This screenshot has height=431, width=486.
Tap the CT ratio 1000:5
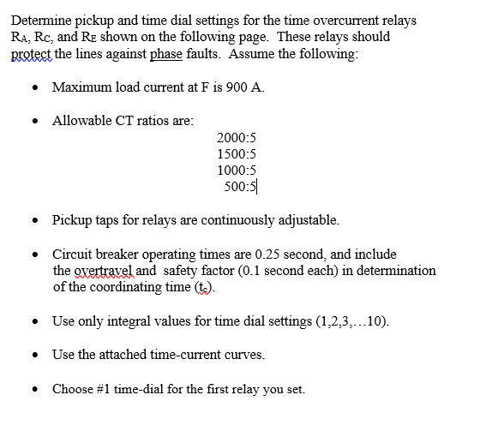(x=237, y=170)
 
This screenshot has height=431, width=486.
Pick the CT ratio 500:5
(x=239, y=186)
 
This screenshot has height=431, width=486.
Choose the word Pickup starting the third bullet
(x=71, y=220)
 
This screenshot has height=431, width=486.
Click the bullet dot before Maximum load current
(x=33, y=88)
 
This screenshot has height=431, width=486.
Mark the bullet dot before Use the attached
(x=33, y=355)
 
